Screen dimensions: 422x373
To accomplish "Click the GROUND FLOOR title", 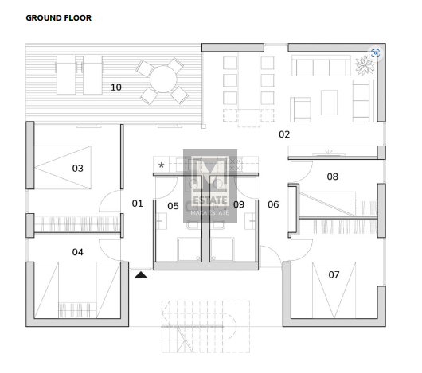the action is [x=59, y=18].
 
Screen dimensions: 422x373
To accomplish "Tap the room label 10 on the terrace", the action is [x=116, y=87].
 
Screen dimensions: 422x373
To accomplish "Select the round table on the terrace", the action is [x=163, y=80].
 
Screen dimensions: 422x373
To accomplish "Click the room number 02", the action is [x=284, y=134].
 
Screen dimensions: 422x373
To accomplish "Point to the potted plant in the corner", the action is [x=365, y=64].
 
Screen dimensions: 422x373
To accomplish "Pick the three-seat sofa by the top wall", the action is [x=321, y=66].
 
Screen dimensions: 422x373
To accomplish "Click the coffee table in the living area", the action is [x=329, y=103].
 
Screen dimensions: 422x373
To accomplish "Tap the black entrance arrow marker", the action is [x=141, y=274].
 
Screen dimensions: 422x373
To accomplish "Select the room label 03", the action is [x=77, y=169].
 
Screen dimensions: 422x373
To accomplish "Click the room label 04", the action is [x=77, y=252].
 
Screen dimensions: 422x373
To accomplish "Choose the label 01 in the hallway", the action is [x=137, y=204].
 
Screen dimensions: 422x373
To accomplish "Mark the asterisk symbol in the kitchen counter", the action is [x=161, y=165].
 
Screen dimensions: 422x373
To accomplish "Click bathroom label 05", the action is [x=173, y=206].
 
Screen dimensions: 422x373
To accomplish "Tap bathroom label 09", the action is [x=239, y=204].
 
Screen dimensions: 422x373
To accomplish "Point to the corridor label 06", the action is [x=273, y=204].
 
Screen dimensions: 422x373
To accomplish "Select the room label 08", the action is [x=332, y=177].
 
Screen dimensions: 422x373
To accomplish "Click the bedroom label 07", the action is [x=334, y=274].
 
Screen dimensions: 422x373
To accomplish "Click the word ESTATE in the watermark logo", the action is [x=210, y=200].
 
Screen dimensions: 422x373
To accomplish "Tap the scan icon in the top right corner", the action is [x=375, y=53].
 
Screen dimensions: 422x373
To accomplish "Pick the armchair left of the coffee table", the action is [x=300, y=110].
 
